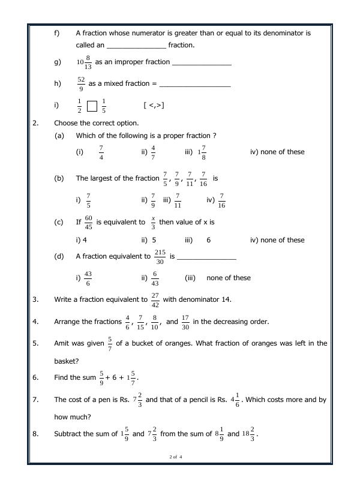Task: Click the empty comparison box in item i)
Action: click(x=92, y=106)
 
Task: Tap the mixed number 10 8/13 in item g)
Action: click(x=84, y=62)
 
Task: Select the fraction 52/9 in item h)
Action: click(x=81, y=84)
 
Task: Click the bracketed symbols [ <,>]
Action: click(x=154, y=106)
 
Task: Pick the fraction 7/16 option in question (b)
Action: click(x=221, y=200)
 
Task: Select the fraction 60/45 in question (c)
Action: click(x=88, y=223)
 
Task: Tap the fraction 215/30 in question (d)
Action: click(x=160, y=257)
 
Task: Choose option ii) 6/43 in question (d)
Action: click(x=154, y=278)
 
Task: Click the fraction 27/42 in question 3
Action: click(x=155, y=299)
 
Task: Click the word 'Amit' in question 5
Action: click(x=62, y=343)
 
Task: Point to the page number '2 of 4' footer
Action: click(x=176, y=458)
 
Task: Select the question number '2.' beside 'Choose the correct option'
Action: click(x=35, y=123)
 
